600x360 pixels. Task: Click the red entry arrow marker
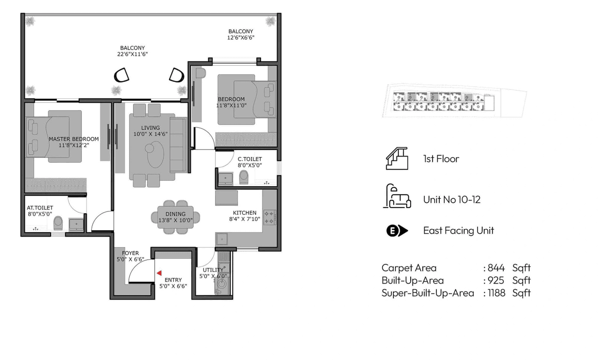point(159,273)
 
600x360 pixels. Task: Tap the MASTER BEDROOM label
point(74,139)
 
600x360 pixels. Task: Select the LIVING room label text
point(150,127)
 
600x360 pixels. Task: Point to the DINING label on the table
point(175,214)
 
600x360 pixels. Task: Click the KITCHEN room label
point(243,213)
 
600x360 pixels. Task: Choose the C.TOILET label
point(249,159)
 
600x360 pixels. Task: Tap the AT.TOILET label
point(40,208)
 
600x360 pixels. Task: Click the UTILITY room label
point(213,270)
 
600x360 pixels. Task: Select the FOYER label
point(130,253)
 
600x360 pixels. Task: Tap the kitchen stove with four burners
point(270,217)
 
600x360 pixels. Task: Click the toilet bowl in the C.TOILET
point(243,177)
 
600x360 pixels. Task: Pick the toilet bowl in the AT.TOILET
point(58,223)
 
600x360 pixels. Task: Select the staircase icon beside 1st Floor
point(397,158)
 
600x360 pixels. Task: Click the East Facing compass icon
point(397,231)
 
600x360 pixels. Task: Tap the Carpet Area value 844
point(496,268)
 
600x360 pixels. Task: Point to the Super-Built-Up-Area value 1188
point(496,293)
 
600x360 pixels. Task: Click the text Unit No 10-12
point(451,200)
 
